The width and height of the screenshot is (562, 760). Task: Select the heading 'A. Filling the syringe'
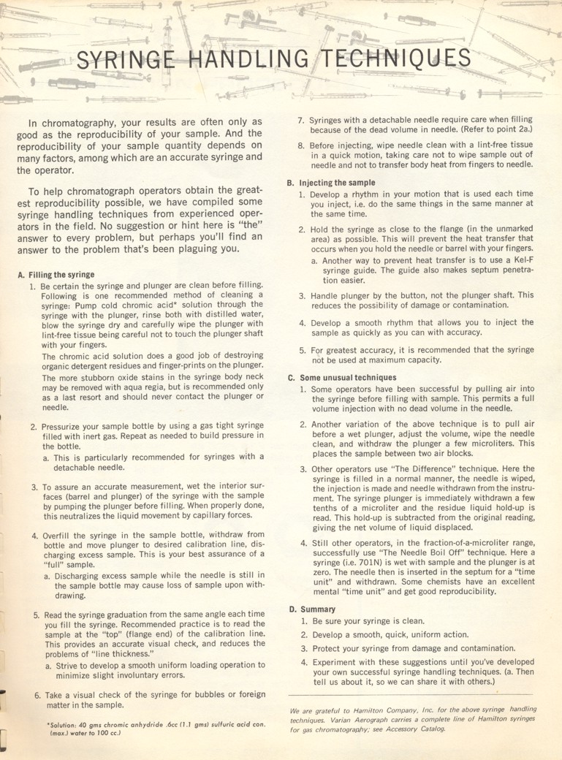coord(56,275)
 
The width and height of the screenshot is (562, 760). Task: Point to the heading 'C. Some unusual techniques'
coord(339,378)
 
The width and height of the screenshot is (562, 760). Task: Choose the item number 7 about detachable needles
coord(300,120)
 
